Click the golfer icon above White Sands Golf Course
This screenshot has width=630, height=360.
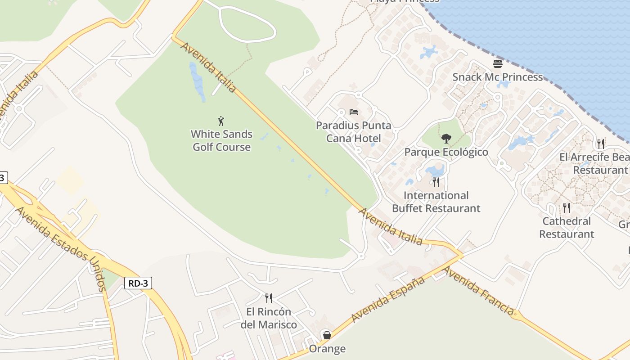[221, 121]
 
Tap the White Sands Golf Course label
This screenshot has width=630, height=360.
[221, 140]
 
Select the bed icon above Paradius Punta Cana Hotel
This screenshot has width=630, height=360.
[354, 112]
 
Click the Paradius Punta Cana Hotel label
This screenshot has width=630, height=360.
[354, 132]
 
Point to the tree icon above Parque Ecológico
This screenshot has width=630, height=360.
[446, 138]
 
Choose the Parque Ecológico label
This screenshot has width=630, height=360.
[446, 152]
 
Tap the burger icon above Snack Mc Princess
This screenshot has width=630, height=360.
[497, 63]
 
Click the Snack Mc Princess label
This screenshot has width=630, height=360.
[497, 77]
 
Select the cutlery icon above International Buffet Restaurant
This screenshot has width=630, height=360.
[436, 182]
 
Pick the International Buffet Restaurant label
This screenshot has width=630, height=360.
[436, 202]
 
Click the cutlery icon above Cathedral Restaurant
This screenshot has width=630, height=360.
[566, 207]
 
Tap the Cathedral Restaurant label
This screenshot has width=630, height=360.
[567, 227]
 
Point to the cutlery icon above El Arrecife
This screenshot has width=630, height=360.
[601, 144]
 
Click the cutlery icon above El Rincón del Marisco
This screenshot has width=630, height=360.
[269, 298]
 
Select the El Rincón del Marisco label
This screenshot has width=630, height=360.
[269, 318]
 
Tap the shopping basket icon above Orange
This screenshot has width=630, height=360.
[327, 335]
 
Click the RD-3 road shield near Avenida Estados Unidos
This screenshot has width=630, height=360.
[138, 283]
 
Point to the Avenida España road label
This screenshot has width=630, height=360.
[388, 300]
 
